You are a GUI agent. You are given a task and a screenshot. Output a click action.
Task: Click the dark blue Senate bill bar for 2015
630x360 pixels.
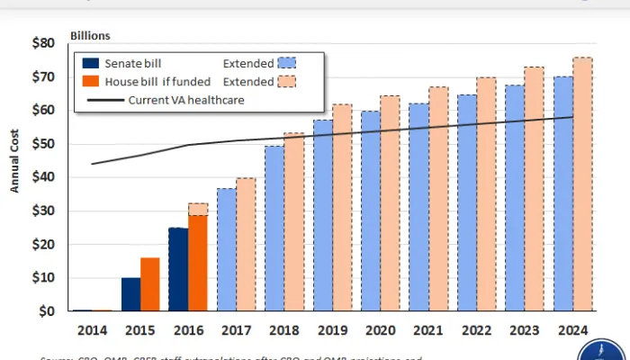point(130,294)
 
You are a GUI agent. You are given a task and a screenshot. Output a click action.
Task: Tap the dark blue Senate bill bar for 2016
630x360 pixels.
point(178,269)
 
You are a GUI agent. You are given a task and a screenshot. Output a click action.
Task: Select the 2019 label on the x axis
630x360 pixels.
point(332,330)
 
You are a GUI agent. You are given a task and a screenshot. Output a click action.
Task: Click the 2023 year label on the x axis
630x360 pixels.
point(525,330)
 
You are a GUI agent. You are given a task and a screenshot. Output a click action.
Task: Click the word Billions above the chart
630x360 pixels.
point(90,37)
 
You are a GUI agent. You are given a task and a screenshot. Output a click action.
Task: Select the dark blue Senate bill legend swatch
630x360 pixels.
point(89,63)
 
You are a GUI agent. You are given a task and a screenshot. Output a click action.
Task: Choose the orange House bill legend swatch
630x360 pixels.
point(89,81)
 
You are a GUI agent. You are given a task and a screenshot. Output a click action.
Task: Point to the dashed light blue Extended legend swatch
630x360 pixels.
point(288,63)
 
